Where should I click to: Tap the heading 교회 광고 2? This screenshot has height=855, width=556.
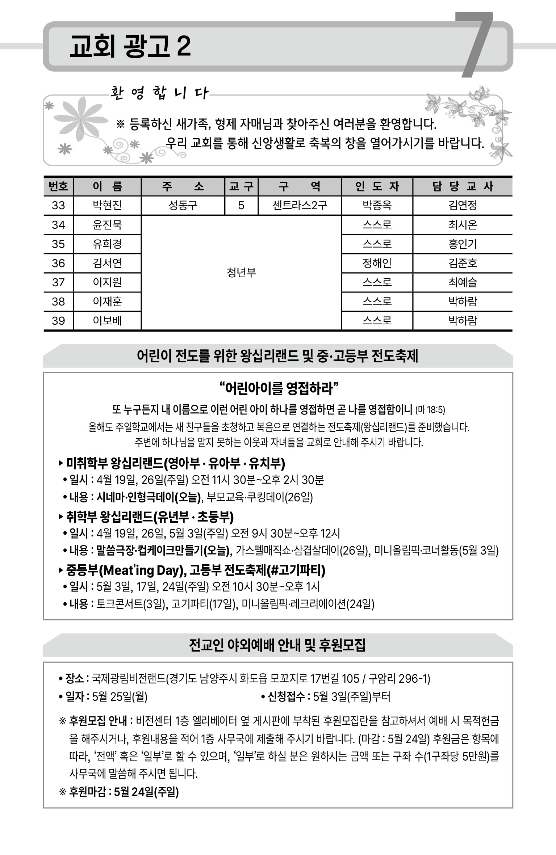point(130,47)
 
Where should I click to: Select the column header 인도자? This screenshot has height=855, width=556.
point(377,186)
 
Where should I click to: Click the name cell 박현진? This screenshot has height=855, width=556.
point(107,206)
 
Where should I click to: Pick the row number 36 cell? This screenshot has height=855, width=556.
point(58,263)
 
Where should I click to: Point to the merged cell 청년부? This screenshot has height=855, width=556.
point(241,273)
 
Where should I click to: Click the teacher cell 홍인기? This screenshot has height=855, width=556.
point(463,244)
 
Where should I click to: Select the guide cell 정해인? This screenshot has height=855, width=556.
point(377,263)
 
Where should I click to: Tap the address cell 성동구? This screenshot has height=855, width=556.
point(183,206)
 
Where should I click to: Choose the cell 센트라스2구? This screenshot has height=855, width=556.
point(300,206)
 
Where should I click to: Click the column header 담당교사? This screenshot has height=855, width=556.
point(463,186)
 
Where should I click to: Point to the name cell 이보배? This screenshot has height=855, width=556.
point(107,321)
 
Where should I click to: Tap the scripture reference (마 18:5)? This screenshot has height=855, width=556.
point(430,410)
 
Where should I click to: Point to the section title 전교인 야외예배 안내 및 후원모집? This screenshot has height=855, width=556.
point(277,645)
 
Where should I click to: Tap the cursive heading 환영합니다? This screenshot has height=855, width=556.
point(159,93)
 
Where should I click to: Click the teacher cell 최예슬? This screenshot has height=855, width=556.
point(463,282)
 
